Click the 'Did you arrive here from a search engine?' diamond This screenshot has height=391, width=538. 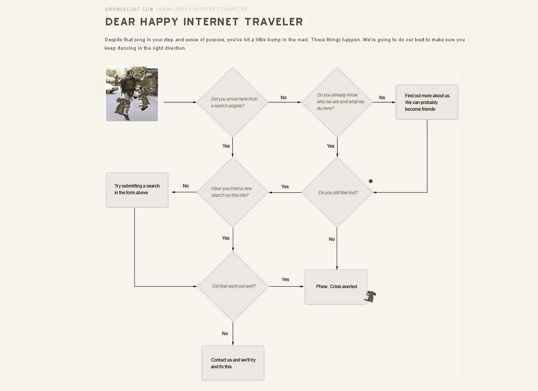tap(233, 102)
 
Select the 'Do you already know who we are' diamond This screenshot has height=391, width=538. tap(337, 102)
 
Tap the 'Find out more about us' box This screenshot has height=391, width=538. tap(427, 102)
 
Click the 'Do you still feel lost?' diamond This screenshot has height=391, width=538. tap(337, 192)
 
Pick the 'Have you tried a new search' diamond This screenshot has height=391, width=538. tap(233, 192)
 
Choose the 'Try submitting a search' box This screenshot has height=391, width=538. tap(137, 190)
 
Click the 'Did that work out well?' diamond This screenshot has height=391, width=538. tap(233, 286)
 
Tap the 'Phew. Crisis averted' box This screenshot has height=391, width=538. tap(336, 287)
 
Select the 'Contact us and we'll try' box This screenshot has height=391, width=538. tap(233, 363)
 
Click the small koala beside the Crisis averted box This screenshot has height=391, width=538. tap(370, 296)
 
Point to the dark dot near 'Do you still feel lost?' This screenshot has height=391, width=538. tap(371, 181)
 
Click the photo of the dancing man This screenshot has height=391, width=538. tap(132, 94)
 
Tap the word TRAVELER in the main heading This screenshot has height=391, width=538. tap(274, 22)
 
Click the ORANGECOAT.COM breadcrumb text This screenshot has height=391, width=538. tap(129, 9)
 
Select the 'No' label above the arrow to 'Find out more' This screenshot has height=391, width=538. tap(382, 97)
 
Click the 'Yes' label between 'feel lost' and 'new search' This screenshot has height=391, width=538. tap(285, 187)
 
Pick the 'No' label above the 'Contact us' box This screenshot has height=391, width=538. tap(225, 333)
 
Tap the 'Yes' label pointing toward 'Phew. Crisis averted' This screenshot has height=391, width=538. tap(285, 279)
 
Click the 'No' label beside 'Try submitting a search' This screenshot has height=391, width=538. tap(186, 186)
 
